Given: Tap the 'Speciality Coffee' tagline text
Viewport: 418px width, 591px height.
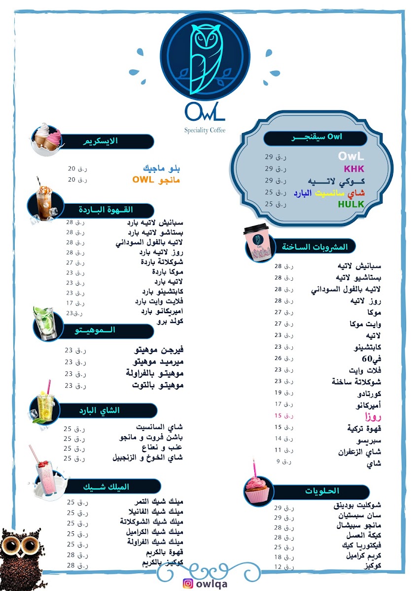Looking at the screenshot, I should [205, 131].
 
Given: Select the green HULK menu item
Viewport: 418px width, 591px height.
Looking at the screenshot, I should [351, 204].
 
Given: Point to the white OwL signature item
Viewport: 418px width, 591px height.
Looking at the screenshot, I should [351, 157].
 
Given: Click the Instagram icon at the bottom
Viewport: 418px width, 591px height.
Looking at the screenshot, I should [187, 584].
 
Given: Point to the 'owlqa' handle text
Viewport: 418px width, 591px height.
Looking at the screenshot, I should [212, 584].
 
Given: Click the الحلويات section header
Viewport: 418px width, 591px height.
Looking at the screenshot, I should [322, 491].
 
